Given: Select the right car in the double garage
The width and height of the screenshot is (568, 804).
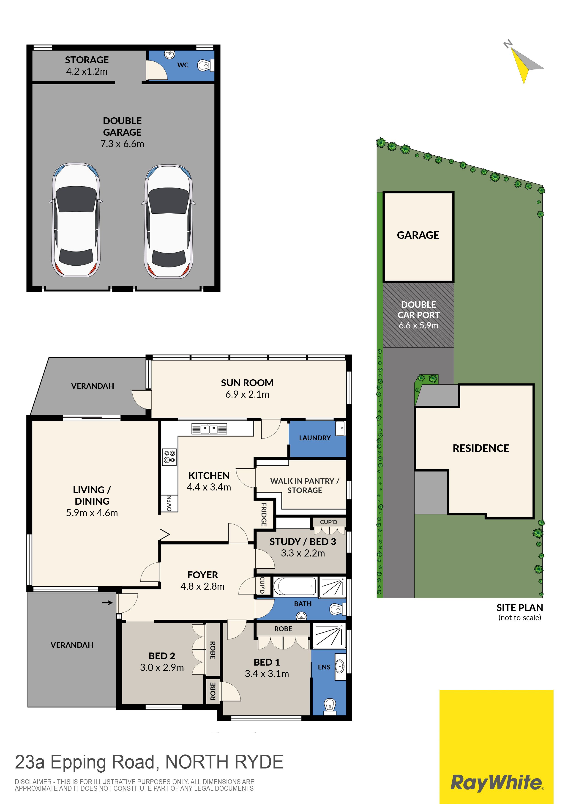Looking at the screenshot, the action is point(169,221).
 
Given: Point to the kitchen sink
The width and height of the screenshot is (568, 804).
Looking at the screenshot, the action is point(209,429).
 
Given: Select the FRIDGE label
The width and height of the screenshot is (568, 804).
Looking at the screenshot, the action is point(264,514).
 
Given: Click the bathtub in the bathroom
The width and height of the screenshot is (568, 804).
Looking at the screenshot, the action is point(295,587).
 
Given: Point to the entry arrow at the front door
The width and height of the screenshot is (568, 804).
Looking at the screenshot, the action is point(107,603).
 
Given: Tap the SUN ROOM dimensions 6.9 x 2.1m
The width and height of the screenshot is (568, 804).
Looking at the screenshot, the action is point(247,394).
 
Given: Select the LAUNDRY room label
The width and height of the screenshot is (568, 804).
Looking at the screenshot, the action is point(315,438).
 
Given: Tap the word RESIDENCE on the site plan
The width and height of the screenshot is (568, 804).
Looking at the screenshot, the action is point(481,448).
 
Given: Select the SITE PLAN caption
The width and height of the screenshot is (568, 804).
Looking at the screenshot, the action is point(520,608).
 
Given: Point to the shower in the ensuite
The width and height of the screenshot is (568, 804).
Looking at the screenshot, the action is point(329,636).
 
